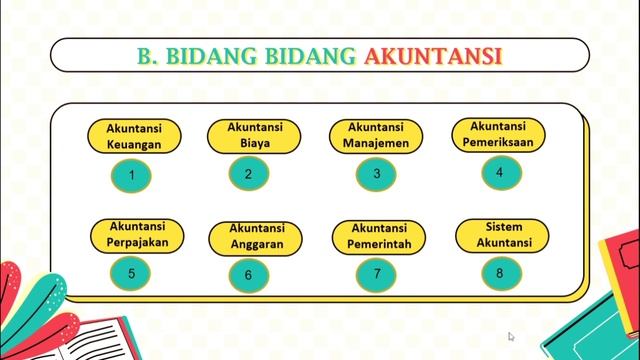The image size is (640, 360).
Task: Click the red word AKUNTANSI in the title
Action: (432, 55)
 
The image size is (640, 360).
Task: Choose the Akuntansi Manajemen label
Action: (376, 135)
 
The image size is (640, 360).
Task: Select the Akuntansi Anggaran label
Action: (255, 236)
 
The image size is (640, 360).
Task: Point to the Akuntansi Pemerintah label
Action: (377, 236)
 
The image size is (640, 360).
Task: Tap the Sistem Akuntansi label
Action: (498, 234)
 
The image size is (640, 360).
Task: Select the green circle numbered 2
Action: (248, 174)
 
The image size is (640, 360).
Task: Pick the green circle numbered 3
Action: (376, 174)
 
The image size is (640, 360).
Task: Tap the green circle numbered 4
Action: (499, 172)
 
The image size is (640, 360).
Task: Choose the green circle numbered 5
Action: (132, 272)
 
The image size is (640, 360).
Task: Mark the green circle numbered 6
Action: (248, 275)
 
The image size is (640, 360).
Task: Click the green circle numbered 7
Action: (377, 273)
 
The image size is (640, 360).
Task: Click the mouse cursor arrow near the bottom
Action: (510, 337)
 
